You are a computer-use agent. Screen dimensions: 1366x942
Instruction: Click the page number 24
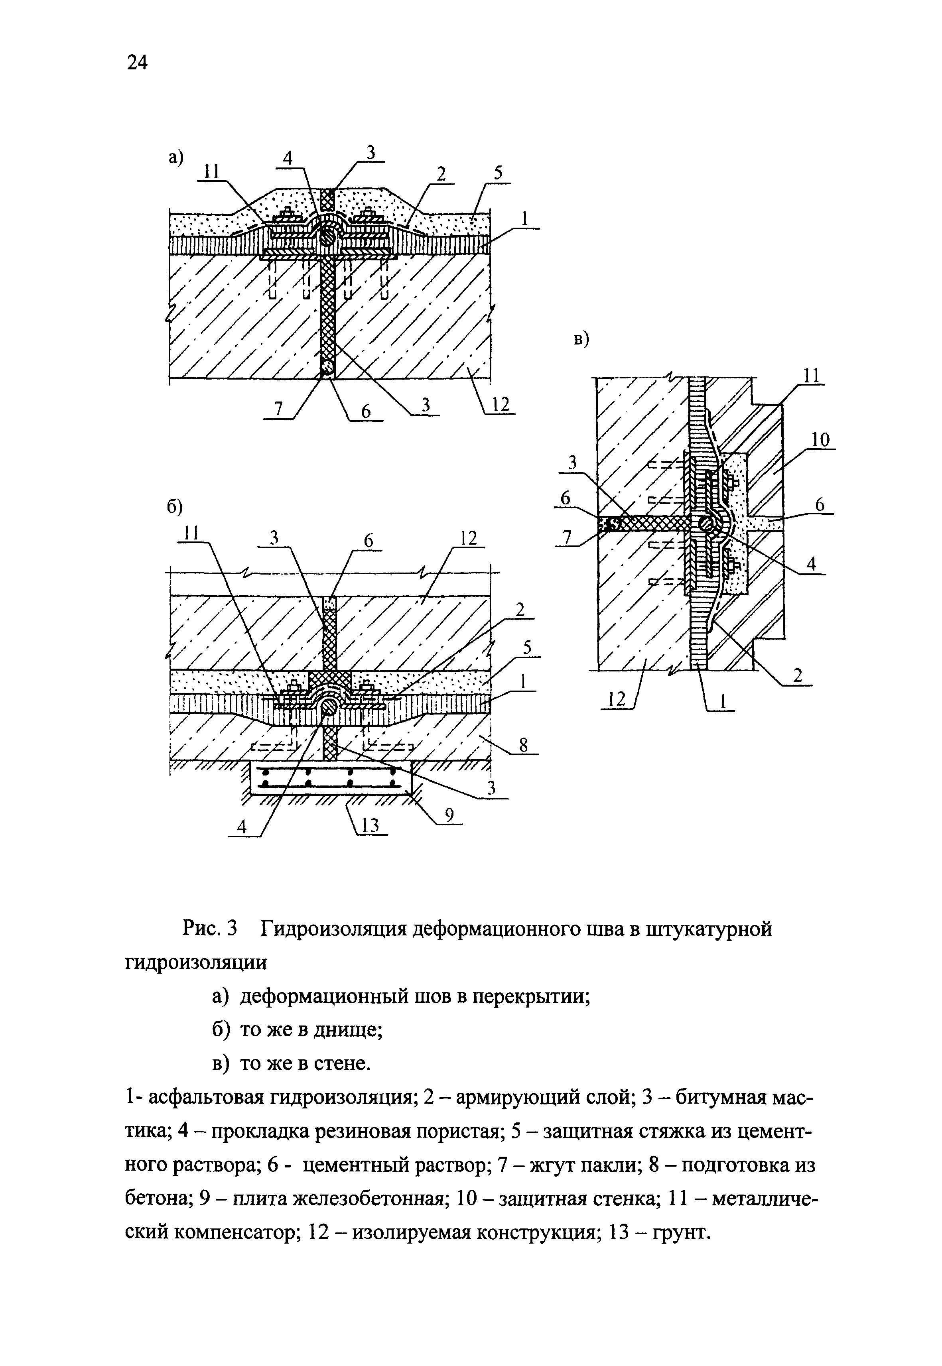coord(137,61)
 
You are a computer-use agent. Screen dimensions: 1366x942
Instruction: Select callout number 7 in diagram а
coord(279,409)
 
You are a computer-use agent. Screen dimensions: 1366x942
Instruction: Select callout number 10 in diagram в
coord(820,440)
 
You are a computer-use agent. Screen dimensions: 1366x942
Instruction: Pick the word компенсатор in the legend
coord(236,1232)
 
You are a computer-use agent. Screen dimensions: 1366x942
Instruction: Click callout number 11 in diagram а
coord(211,172)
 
